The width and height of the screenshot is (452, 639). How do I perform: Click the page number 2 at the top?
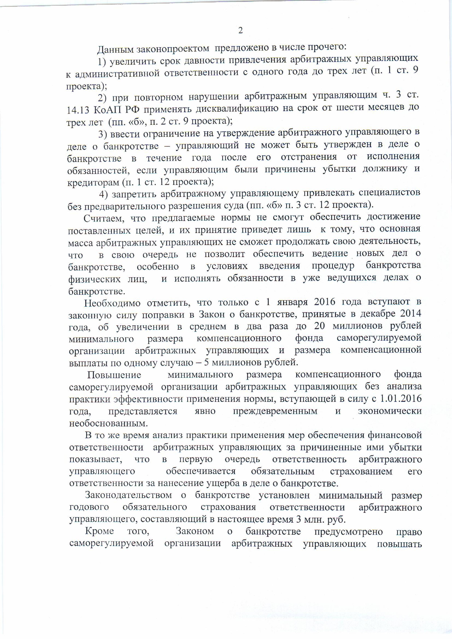(x=240, y=30)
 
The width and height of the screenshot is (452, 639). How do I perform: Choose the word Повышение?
(x=114, y=375)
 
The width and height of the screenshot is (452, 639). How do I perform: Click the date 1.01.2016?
(x=401, y=399)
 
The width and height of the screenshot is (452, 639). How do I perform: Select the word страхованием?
(x=361, y=471)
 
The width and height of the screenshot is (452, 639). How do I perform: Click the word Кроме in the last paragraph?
(x=99, y=531)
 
